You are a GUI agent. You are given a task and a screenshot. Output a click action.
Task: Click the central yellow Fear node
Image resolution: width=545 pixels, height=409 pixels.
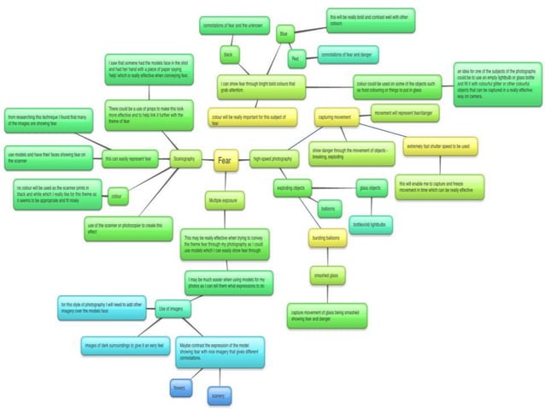(225, 160)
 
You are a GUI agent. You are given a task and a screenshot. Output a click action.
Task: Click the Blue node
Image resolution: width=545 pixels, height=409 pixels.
(284, 34)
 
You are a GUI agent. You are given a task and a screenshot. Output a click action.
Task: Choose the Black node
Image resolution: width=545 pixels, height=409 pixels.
(228, 56)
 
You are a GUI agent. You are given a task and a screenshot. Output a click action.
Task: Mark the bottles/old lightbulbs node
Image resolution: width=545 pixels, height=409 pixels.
(371, 224)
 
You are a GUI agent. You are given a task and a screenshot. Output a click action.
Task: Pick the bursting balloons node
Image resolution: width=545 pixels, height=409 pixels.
(325, 237)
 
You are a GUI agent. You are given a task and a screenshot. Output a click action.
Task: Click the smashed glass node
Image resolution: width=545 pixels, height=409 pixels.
(325, 275)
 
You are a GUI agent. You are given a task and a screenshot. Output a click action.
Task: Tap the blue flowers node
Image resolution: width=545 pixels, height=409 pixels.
(180, 387)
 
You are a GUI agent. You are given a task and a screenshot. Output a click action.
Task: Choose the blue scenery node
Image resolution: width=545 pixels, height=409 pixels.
(220, 395)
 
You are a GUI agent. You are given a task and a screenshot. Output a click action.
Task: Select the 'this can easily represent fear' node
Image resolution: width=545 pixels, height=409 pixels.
(127, 159)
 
